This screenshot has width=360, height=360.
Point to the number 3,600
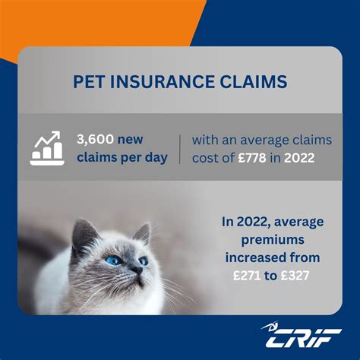coord(95,140)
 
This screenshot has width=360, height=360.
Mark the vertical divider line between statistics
coord(181,149)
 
